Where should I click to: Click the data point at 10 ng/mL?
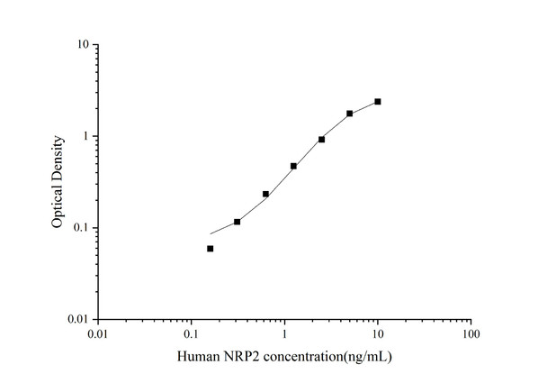click(x=378, y=102)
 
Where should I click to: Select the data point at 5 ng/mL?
click(x=350, y=114)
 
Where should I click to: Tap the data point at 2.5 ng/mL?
click(x=321, y=140)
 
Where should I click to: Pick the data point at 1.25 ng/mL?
click(x=293, y=166)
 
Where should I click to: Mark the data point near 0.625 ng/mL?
click(x=265, y=194)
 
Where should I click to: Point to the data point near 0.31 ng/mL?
click(x=237, y=222)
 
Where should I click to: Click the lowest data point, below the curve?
click(x=210, y=249)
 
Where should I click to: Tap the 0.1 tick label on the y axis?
click(x=79, y=228)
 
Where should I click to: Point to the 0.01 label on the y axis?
click(x=76, y=320)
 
